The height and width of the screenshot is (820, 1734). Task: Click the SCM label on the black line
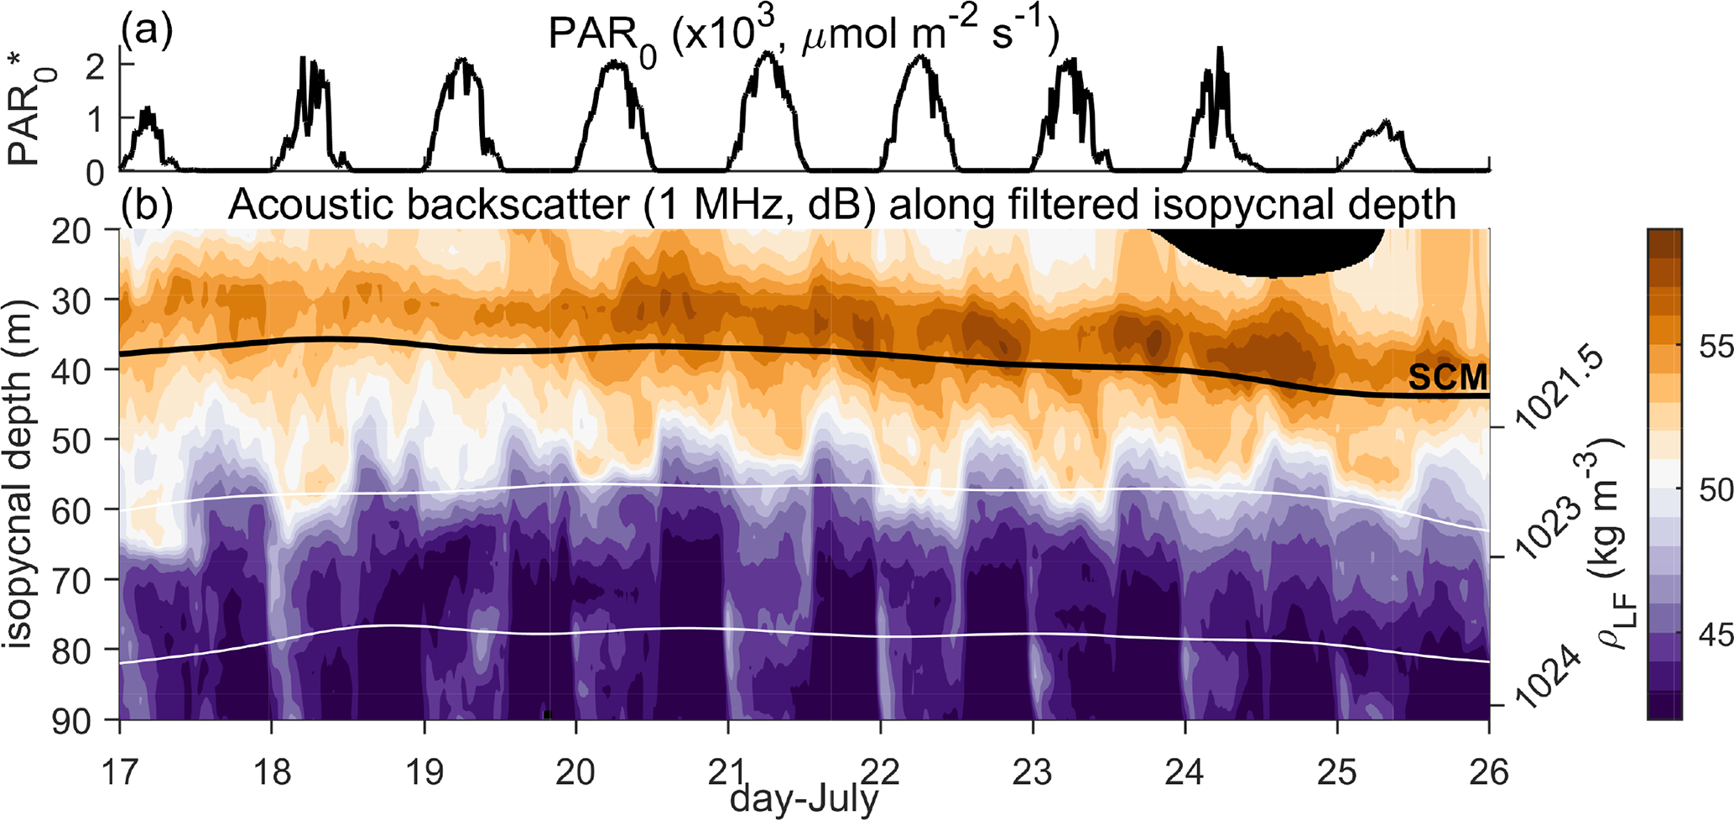click(1448, 378)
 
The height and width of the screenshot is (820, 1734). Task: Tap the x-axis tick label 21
click(728, 770)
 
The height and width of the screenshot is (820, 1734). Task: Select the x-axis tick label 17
click(120, 770)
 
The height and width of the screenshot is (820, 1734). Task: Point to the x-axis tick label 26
click(1489, 770)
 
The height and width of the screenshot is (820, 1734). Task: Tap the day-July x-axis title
click(804, 799)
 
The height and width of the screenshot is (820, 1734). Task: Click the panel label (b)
click(147, 206)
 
